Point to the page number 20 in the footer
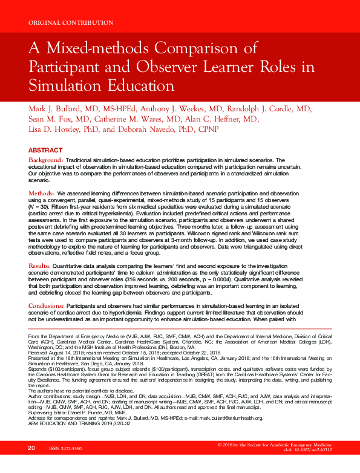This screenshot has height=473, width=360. coord(31,465)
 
